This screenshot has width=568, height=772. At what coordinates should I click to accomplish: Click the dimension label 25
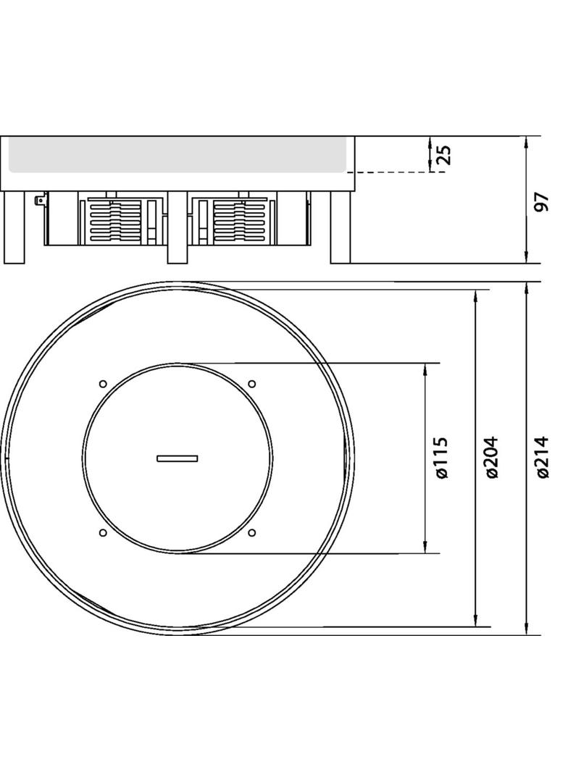tap(445, 154)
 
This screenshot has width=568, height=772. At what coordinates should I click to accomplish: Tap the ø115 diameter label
tap(443, 458)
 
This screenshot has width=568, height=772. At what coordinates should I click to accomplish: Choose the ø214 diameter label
tap(543, 458)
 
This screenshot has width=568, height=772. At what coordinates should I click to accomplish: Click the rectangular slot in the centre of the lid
tap(177, 458)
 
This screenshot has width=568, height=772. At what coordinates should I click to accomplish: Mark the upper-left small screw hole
tap(103, 383)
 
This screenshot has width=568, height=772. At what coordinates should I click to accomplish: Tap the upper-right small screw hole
tap(252, 383)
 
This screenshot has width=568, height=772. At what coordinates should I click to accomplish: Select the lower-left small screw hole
tap(103, 533)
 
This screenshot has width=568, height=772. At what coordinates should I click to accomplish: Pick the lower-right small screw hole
tap(252, 533)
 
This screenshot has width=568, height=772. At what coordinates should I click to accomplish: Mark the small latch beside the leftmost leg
tap(40, 198)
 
